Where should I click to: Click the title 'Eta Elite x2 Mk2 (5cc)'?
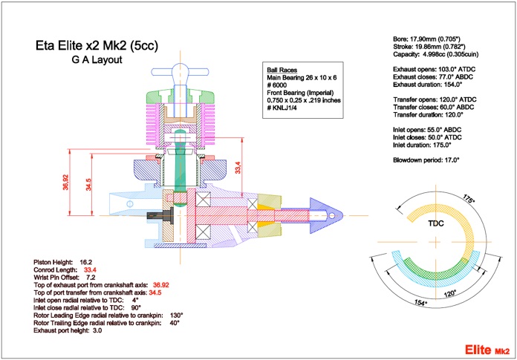click(x=97, y=45)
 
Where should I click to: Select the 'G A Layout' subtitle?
click(x=97, y=60)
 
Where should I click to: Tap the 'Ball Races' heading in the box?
click(x=282, y=70)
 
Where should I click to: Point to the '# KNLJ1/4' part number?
click(x=283, y=108)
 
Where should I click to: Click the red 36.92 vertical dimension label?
click(x=66, y=182)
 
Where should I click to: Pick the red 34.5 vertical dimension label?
click(x=88, y=184)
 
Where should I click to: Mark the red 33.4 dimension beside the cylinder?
click(x=238, y=167)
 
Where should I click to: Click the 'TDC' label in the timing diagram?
click(x=435, y=223)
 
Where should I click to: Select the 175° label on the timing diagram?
click(x=469, y=199)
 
